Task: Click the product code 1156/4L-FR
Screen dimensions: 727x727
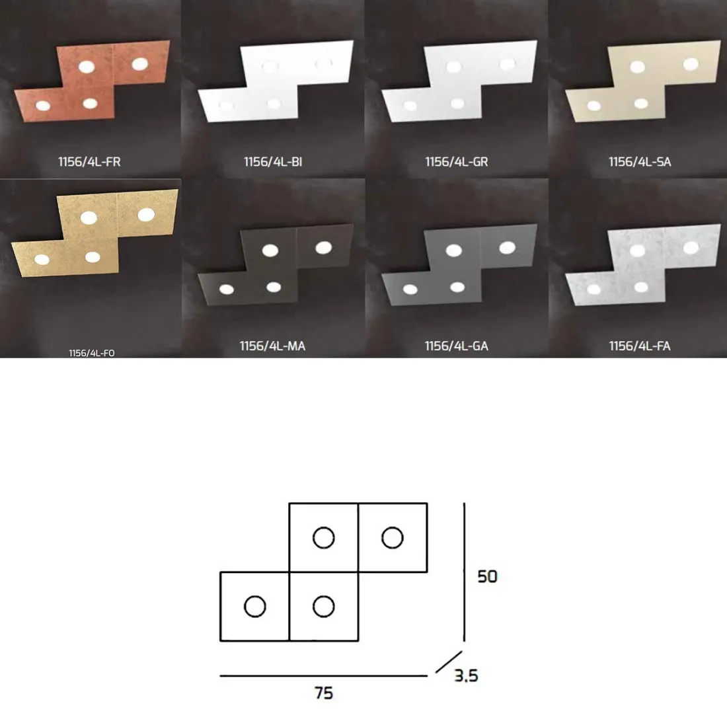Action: point(89,162)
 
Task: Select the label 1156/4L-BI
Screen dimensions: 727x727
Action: point(273,162)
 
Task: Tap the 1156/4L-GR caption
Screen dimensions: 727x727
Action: point(457,162)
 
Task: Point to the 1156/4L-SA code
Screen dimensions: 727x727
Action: point(640,162)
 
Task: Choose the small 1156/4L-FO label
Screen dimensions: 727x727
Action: point(92,354)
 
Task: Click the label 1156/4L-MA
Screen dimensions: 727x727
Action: point(272,346)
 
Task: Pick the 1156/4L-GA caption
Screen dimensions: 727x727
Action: point(457,346)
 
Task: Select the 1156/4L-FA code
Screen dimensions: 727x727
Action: point(640,346)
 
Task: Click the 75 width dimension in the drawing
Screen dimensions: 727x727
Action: point(324,693)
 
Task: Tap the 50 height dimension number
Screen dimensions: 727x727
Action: point(487,576)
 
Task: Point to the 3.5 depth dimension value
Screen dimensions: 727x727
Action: point(466,675)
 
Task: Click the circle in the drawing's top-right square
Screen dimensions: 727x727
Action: point(392,538)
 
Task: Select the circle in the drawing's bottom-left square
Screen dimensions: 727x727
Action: point(255,607)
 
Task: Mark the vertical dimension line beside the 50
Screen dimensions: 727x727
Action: point(464,572)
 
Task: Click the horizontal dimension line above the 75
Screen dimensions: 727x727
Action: point(324,676)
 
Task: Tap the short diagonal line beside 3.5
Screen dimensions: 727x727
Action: point(449,662)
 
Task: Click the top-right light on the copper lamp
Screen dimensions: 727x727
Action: point(140,64)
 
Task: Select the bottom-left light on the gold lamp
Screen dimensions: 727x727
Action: point(42,260)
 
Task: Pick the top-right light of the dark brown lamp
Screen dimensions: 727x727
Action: point(324,248)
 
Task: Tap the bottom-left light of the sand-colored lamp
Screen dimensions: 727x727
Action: point(594,106)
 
